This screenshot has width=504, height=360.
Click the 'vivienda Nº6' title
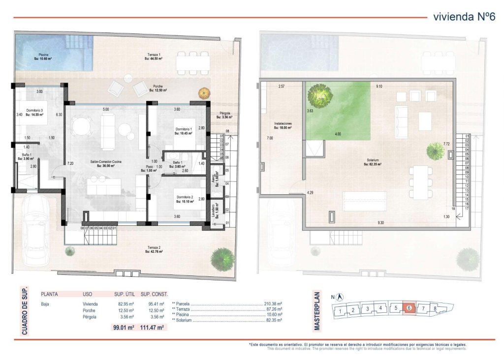tap(463, 17)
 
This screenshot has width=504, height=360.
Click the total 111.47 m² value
tap(152, 327)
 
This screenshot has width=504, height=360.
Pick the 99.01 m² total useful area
tap(124, 327)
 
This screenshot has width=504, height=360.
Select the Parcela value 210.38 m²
tap(273, 304)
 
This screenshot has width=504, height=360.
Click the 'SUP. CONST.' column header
tap(152, 294)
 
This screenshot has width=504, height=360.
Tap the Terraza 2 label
tap(154, 249)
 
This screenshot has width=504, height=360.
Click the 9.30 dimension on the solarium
tap(381, 223)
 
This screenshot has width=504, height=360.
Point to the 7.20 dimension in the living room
tap(70, 163)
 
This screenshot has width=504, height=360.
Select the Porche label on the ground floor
tap(157, 89)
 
